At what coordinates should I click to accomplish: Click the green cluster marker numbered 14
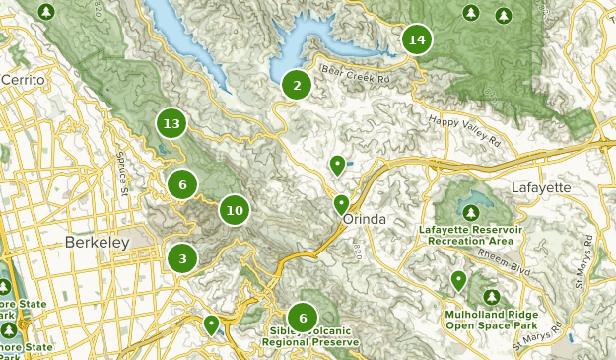click(x=417, y=39)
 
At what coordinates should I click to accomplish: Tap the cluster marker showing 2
click(x=296, y=85)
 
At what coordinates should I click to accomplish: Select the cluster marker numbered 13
click(x=171, y=123)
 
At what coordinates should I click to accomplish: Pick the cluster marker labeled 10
click(x=234, y=209)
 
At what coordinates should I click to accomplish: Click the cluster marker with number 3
click(x=182, y=258)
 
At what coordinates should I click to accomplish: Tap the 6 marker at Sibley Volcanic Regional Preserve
click(x=303, y=317)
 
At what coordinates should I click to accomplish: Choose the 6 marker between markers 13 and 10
click(x=181, y=183)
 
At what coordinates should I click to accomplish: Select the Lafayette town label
click(x=541, y=187)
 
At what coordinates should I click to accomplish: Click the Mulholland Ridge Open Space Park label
click(x=490, y=318)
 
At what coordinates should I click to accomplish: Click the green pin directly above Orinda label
click(x=341, y=204)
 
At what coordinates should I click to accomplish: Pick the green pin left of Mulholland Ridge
click(x=458, y=280)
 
